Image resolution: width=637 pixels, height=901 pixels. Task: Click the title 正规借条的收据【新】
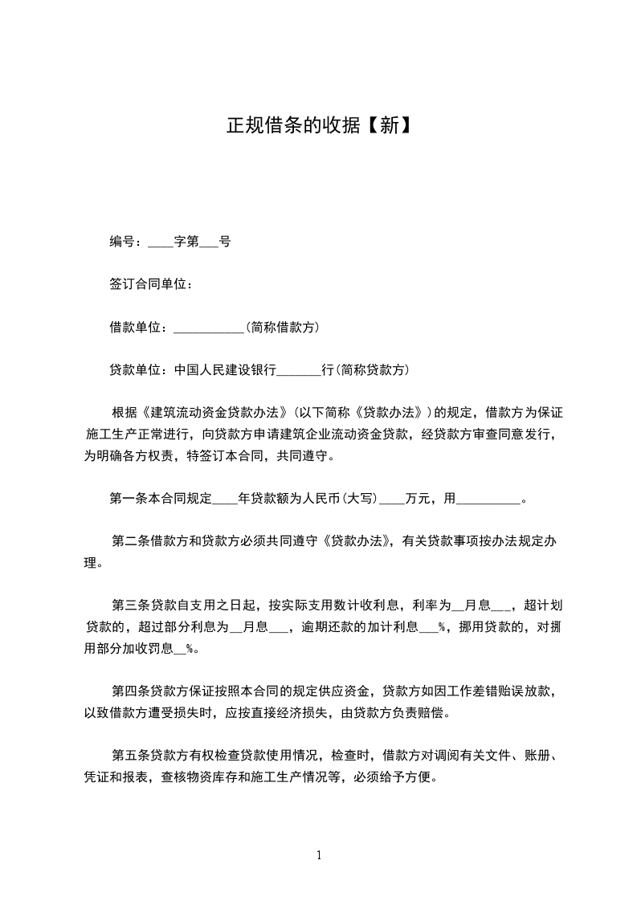click(x=318, y=126)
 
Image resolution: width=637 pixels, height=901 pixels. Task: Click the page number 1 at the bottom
click(x=319, y=856)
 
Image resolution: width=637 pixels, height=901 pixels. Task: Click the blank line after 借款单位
click(x=209, y=328)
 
